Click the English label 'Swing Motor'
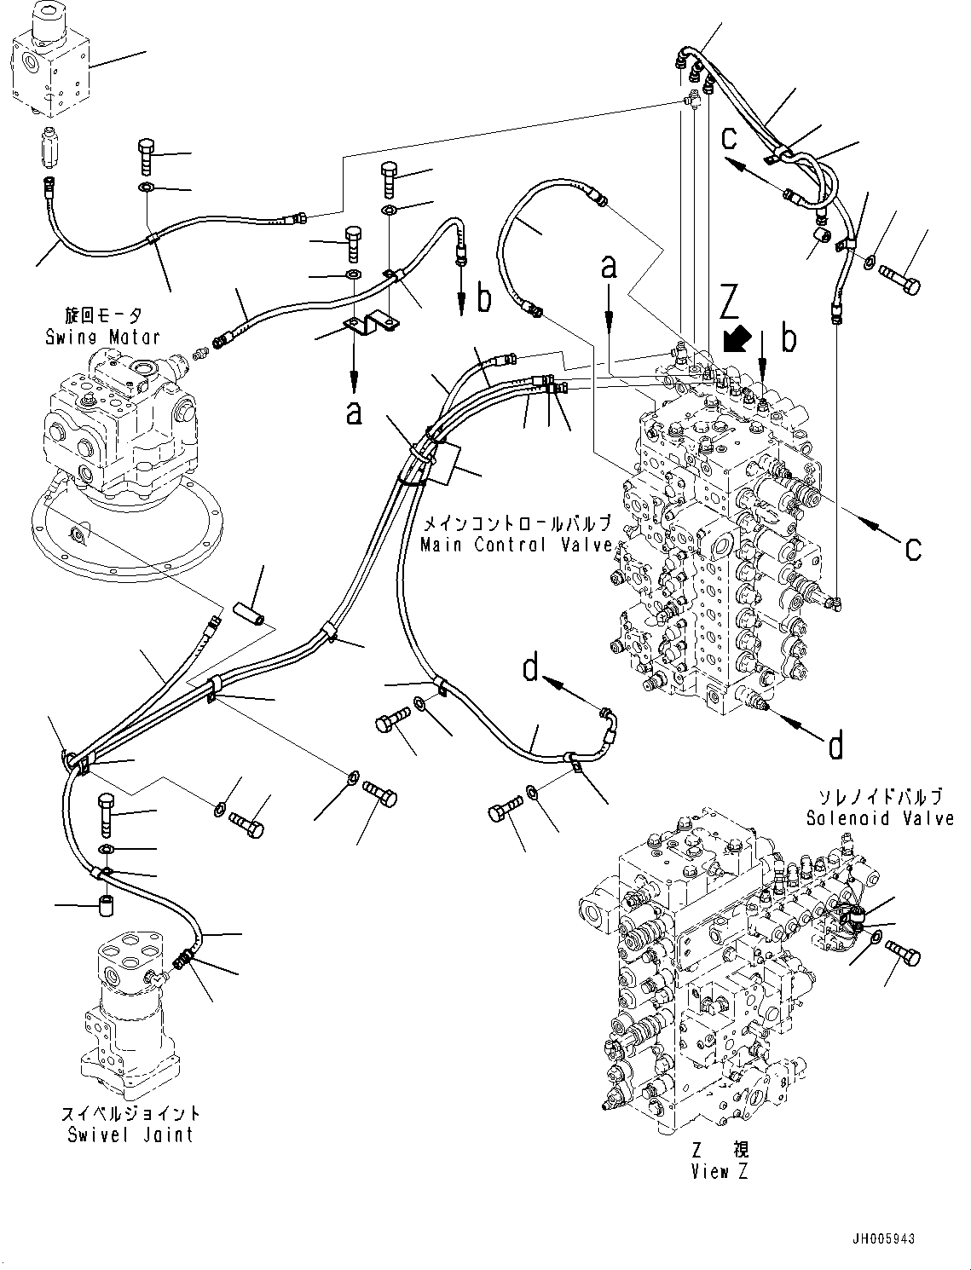click(x=102, y=338)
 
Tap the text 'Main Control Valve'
click(x=517, y=545)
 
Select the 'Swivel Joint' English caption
click(x=130, y=1134)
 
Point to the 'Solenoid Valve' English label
click(x=880, y=818)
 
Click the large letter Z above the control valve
click(x=730, y=303)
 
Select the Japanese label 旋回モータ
click(x=105, y=315)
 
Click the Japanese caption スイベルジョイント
click(x=130, y=1113)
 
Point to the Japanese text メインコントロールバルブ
click(x=517, y=523)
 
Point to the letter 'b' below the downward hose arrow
click(x=483, y=299)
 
